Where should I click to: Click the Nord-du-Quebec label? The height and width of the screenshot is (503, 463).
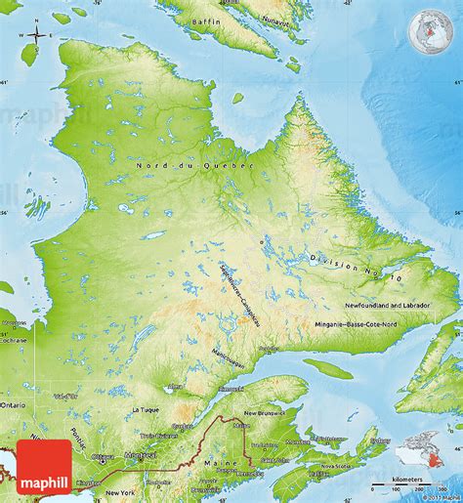pos(194,167)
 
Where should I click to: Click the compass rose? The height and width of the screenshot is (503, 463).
pos(36,36)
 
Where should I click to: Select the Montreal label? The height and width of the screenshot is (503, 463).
pos(136,455)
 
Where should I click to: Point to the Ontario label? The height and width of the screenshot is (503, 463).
pos(14,403)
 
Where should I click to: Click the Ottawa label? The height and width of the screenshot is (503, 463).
pos(103,456)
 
